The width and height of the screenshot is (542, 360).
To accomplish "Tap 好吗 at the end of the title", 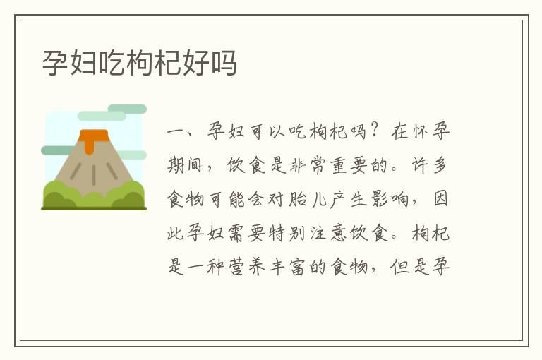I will pyautogui.click(x=210, y=64).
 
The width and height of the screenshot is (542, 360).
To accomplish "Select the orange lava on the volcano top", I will pyautogui.click(x=88, y=139).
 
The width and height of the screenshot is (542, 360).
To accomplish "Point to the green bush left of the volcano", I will pyautogui.click(x=59, y=194).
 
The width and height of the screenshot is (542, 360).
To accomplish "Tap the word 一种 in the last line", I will pyautogui.click(x=213, y=268).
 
